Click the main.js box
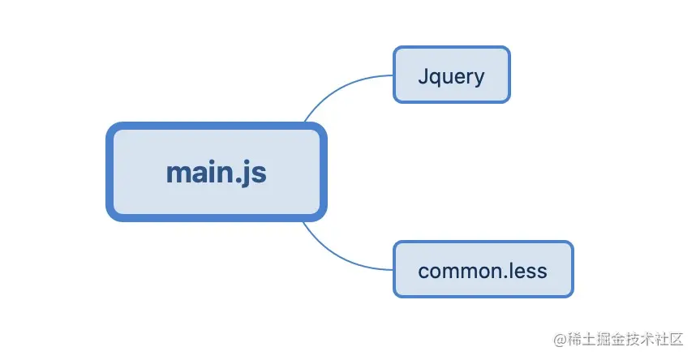[217, 172]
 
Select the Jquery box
[451, 75]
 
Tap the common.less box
[483, 269]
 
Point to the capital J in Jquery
[423, 76]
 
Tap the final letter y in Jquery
[479, 80]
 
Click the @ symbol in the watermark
[560, 340]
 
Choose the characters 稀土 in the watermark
[582, 340]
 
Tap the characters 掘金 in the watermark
[610, 340]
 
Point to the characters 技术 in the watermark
[639, 340]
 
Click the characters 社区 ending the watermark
[668, 340]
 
